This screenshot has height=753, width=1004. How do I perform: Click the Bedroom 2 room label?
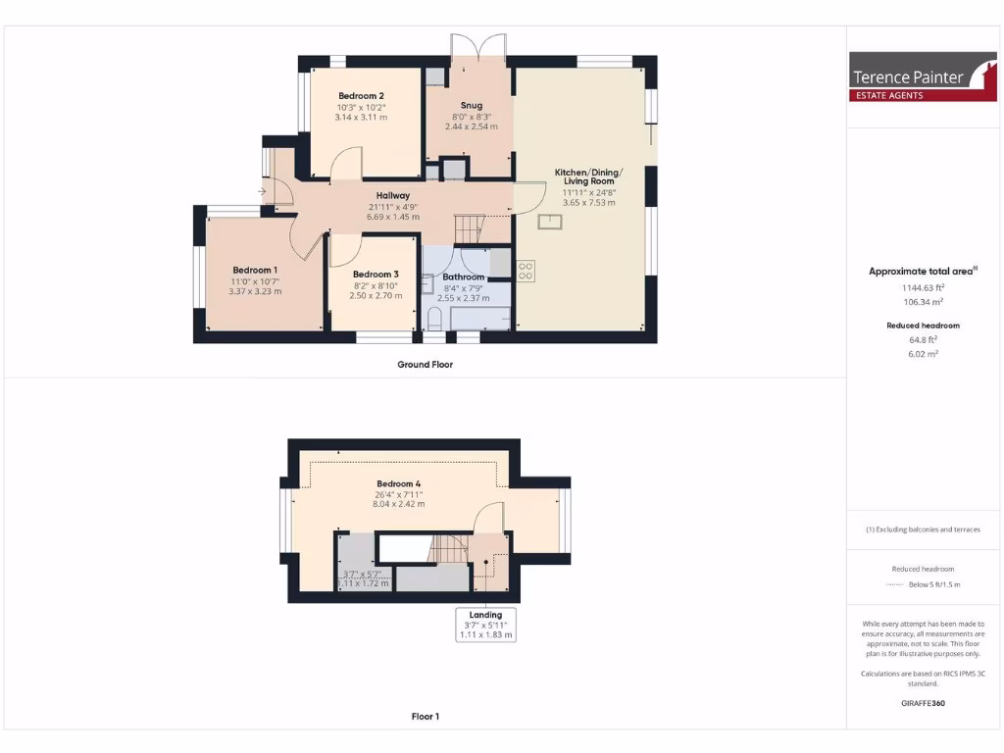coord(361,95)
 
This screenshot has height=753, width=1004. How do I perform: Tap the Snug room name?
coord(472,105)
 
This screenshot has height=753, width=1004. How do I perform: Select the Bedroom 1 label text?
coord(254,270)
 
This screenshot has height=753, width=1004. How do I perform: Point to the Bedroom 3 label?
coord(376,274)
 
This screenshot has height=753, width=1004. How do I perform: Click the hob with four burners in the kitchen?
coord(525,270)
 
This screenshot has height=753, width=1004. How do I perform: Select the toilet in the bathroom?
coord(434,319)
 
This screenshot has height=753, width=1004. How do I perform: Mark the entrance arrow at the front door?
coord(262,191)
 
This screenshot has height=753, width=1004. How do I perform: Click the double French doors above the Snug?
coord(477,47)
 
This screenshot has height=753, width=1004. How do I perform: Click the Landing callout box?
coord(486,625)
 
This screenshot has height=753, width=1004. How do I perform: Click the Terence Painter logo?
coord(909,76)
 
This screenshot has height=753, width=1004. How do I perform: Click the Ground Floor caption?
coord(425,365)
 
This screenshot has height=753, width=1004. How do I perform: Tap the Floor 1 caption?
coord(425,717)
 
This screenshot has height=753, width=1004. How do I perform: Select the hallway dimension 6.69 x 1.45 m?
coord(393,217)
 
